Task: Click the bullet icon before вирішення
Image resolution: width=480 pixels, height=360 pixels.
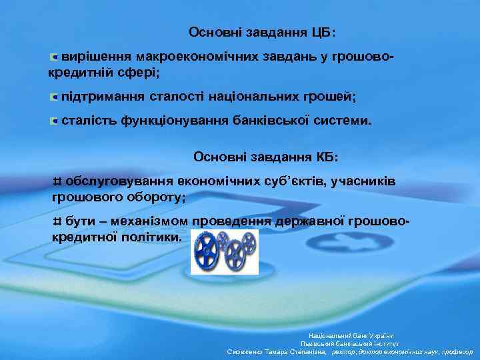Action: pos(54,57)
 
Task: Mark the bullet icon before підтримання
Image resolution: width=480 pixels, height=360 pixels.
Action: pos(54,97)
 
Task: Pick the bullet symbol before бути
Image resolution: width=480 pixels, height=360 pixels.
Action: pos(57,222)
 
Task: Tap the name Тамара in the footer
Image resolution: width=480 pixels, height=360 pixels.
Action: pos(277,351)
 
